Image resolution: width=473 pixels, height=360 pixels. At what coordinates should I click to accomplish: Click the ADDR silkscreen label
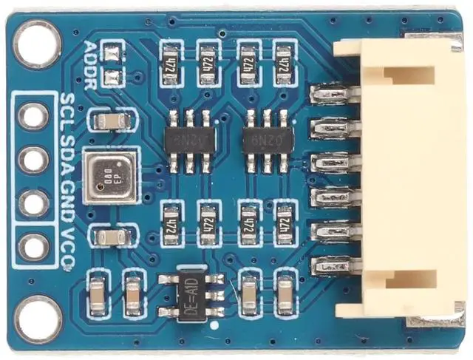coord(92,64)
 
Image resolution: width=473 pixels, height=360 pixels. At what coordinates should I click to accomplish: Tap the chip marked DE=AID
coord(191,295)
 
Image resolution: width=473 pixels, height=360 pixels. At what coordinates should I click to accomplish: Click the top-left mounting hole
coord(36,44)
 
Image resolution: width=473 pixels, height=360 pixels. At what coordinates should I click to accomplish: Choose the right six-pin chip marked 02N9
coord(267,138)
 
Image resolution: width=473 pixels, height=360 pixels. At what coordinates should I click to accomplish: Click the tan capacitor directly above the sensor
coord(110,121)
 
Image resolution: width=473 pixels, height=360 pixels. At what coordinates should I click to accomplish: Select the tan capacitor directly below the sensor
coord(110,237)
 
